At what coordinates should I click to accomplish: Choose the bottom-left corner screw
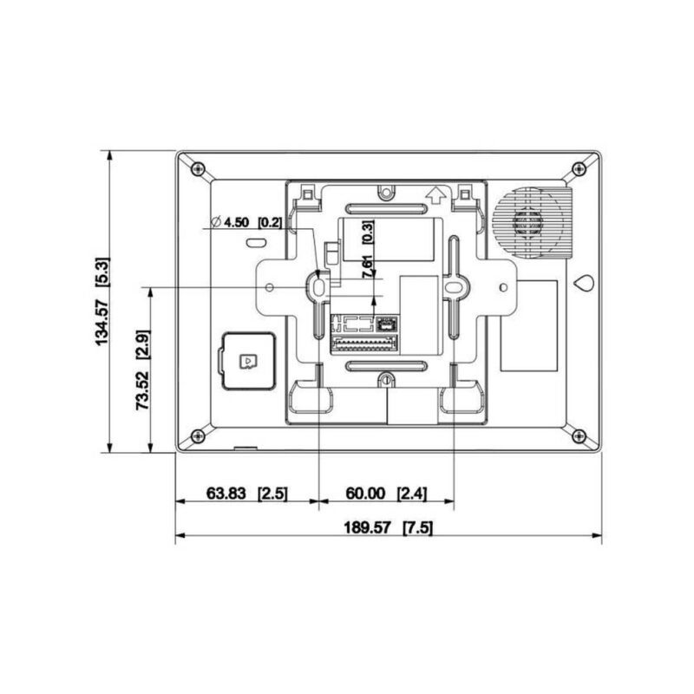(x=198, y=435)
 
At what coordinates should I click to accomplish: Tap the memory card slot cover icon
(x=246, y=359)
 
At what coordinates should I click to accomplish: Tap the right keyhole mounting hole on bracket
(x=453, y=284)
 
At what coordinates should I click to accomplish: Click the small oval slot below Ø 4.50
(x=257, y=244)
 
